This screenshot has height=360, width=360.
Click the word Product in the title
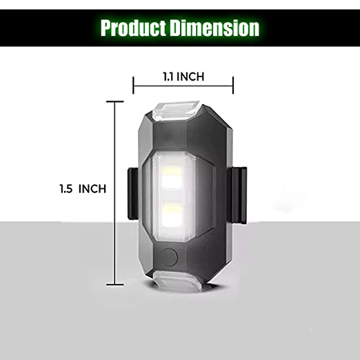tap(133, 28)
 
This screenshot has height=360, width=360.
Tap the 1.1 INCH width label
tap(183, 77)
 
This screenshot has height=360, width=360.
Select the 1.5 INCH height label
tap(83, 189)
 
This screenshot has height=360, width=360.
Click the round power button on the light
tap(169, 257)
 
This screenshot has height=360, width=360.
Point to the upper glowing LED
tap(172, 176)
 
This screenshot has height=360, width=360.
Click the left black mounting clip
tap(133, 194)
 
